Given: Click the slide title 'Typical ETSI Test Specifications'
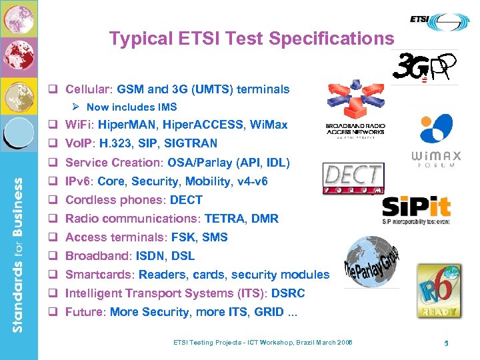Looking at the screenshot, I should pos(251,39).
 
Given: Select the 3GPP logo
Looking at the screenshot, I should pos(425,67).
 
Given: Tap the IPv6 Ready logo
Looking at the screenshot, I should pos(438,291).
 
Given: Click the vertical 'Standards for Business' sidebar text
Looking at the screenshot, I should pos(19,254).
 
